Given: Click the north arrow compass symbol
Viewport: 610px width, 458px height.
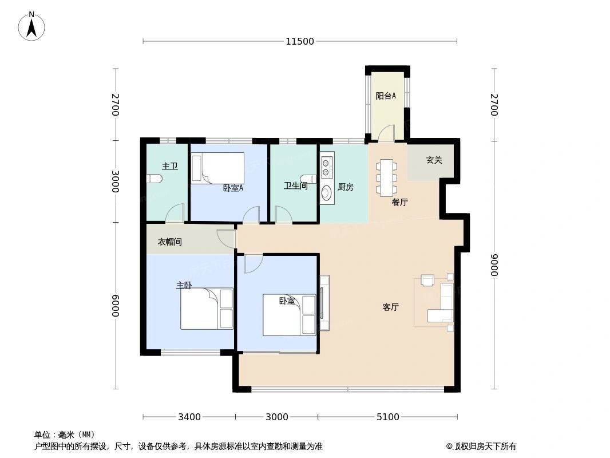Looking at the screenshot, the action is point(31,26).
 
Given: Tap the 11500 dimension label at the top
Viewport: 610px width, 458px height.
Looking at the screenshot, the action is point(299,41).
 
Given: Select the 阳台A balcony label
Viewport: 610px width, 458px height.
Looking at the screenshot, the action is point(386,96).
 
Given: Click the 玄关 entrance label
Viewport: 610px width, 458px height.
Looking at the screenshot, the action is point(434,160).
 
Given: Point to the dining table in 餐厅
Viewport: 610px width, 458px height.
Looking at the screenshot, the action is point(386,177).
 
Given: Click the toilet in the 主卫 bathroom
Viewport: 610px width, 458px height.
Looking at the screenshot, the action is point(155,179).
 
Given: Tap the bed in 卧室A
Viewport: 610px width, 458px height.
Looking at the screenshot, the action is point(218,168).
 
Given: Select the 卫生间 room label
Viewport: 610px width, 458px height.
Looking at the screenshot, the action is point(296,186).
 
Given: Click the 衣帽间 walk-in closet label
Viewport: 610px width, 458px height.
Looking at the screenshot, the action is point(169,242).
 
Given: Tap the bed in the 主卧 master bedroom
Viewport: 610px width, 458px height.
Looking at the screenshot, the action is point(207,309).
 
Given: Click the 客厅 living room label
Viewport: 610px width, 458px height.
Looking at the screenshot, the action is point(390,307).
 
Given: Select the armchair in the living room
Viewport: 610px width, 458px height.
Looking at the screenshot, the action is point(427,281).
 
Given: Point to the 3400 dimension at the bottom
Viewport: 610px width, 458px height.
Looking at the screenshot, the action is point(189,417).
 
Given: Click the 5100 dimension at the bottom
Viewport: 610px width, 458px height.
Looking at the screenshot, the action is point(388,417).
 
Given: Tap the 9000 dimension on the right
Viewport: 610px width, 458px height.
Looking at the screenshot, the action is point(494,265).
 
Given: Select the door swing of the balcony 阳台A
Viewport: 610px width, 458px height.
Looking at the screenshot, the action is point(387,133).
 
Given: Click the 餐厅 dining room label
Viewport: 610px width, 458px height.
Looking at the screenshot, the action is point(399,202).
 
